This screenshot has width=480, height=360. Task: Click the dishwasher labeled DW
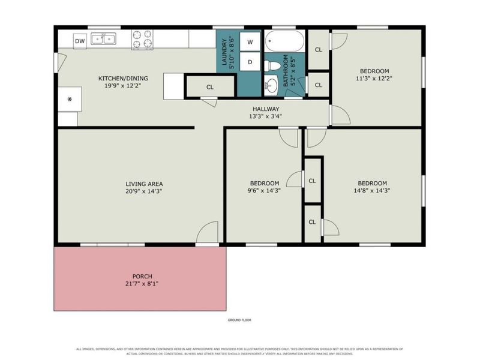point(80,41)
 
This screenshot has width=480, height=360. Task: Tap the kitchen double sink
point(103,39)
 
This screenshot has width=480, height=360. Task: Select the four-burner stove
point(142,40)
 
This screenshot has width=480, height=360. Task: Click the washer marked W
point(250,41)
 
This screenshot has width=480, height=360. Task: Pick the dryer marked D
point(250,62)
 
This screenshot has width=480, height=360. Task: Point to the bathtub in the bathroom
point(284,41)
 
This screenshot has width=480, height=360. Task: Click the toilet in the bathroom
point(272,65)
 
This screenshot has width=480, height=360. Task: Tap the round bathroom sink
point(271,85)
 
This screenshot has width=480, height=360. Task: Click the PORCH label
point(142,276)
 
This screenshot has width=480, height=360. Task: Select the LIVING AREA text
point(144,184)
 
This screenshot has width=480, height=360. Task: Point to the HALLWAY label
point(266,109)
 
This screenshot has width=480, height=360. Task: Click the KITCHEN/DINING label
point(123,79)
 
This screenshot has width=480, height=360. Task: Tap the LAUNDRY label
point(224,52)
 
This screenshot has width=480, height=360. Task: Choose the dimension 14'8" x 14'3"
point(372,191)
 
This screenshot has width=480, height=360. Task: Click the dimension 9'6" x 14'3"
point(265,191)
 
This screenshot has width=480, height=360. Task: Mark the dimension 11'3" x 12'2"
point(374,79)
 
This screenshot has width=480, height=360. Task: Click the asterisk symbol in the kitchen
point(70,99)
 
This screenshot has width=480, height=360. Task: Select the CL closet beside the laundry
point(209,87)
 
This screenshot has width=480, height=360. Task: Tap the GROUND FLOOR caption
point(239,320)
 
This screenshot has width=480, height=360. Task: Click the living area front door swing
point(207,232)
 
